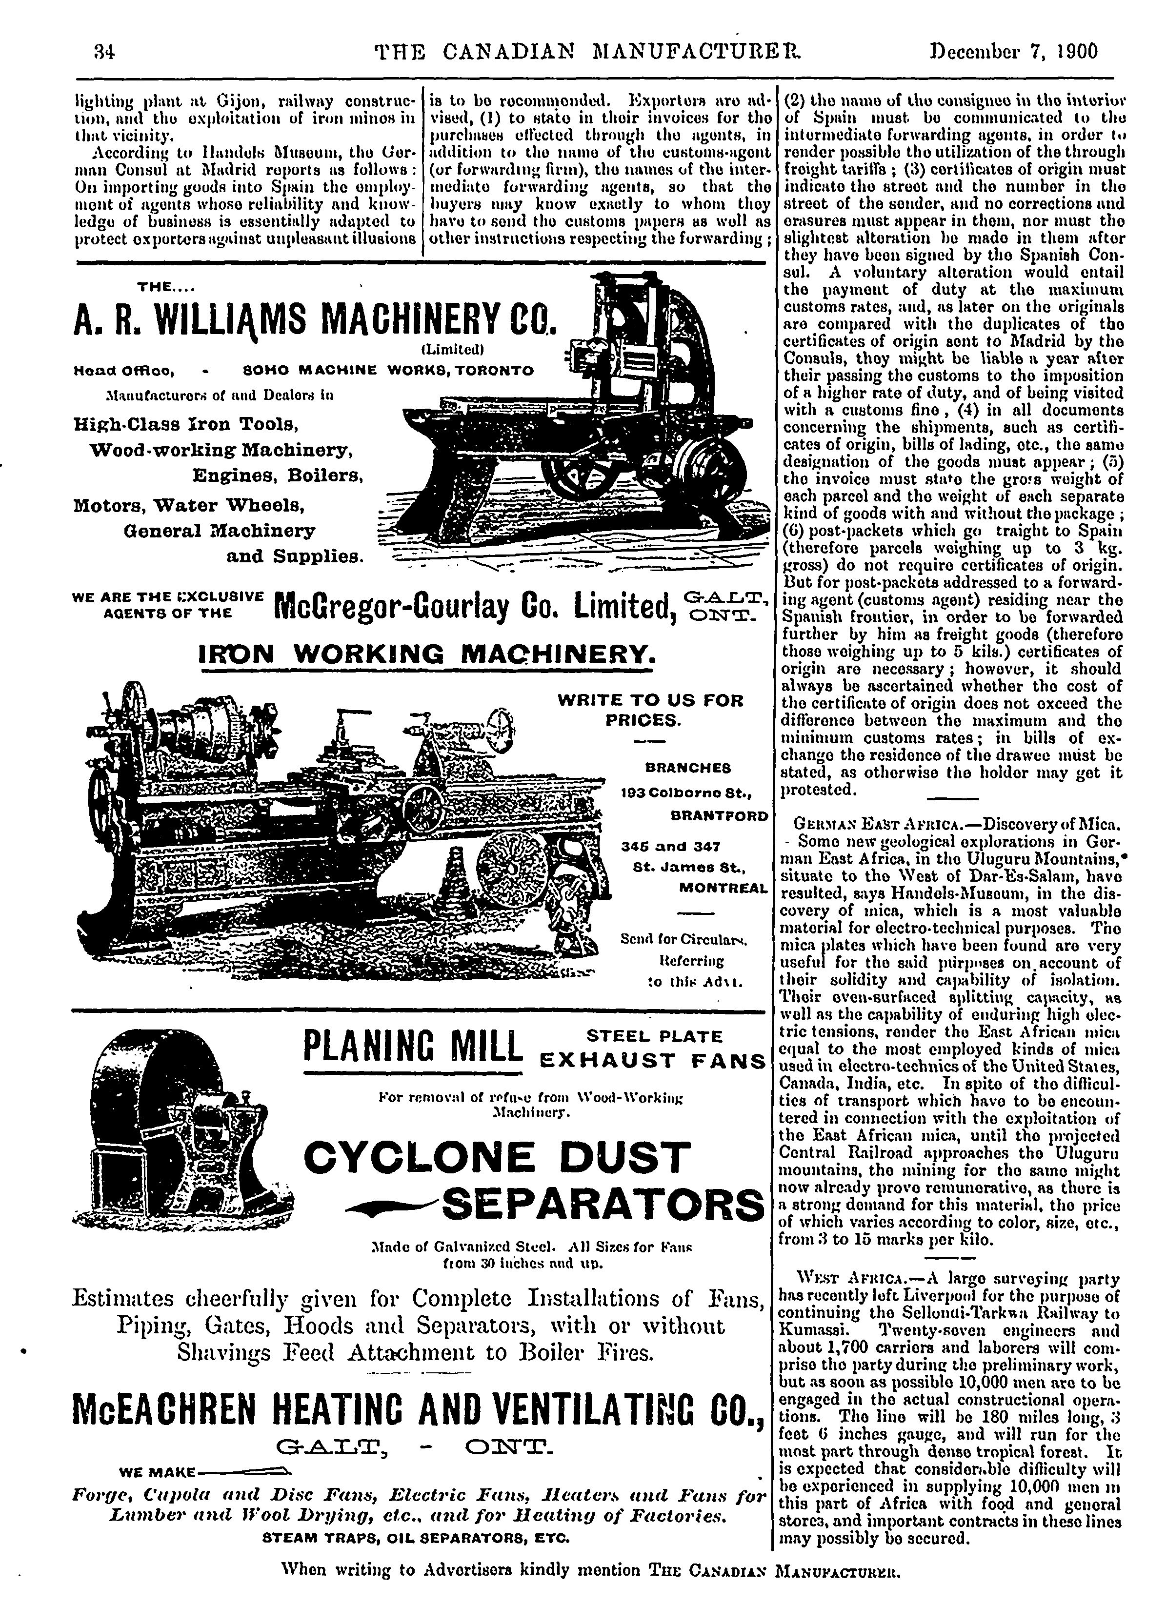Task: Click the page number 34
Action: coord(104,52)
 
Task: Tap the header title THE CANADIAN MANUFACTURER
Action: coord(588,52)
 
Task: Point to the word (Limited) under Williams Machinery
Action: coord(453,350)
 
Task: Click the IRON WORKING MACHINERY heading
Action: coord(427,654)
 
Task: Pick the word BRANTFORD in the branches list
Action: coord(719,816)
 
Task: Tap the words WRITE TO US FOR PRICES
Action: coord(650,710)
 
